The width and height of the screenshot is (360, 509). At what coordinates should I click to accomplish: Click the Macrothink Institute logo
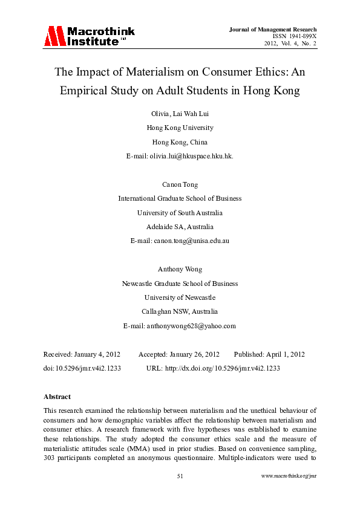89,36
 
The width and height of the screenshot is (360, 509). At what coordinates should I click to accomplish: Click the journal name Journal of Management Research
273,30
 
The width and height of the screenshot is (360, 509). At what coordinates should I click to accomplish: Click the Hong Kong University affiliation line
180,128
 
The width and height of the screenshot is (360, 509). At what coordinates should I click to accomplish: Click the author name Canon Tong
180,184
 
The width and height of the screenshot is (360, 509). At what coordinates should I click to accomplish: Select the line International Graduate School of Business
180,198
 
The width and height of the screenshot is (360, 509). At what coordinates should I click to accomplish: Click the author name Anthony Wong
180,269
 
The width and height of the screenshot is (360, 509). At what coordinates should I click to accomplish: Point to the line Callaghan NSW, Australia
180,311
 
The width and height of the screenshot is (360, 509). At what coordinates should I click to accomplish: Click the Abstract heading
57,397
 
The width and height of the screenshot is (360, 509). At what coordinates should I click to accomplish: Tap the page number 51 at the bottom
180,493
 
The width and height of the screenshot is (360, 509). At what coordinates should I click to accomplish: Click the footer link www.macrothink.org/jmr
289,493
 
